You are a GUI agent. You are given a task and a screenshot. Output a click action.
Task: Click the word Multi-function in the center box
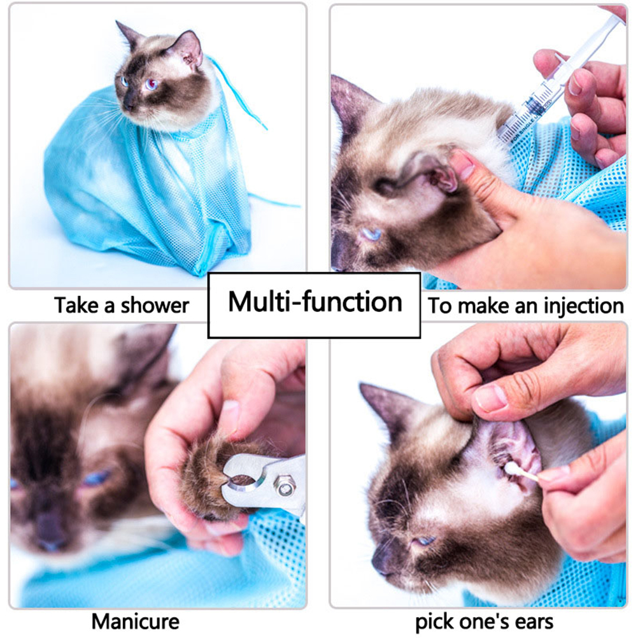tap(315, 302)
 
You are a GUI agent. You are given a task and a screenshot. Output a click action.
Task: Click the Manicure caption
tap(136, 621)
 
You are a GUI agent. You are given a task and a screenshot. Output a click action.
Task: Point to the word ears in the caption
tap(534, 622)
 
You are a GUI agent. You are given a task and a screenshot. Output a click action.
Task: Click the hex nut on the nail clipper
tap(284, 486)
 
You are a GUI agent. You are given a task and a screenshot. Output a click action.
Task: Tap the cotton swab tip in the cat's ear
tap(510, 469)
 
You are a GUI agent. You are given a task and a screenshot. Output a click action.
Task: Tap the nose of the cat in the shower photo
tap(128, 106)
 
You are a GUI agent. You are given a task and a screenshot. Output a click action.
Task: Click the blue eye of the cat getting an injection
tap(371, 234)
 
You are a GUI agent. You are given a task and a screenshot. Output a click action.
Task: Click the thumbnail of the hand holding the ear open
tap(491, 399)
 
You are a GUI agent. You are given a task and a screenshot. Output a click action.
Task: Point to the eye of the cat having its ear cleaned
tap(425, 541)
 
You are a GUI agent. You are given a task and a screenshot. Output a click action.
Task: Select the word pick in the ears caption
tap(433, 623)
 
